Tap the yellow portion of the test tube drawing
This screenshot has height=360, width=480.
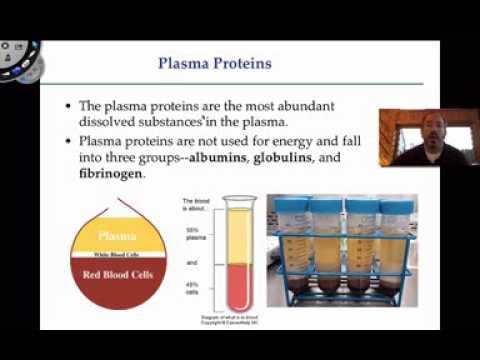point(237,235)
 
